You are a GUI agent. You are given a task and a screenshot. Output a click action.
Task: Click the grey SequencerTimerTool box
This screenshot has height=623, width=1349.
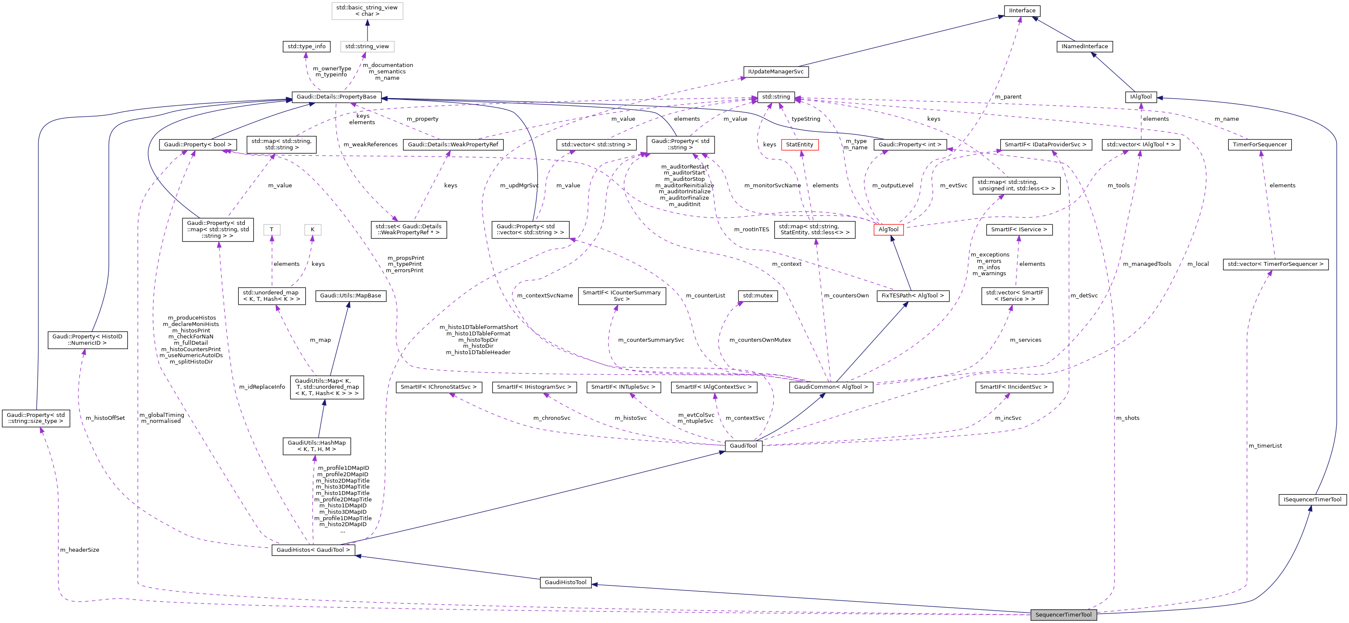pyautogui.click(x=1063, y=614)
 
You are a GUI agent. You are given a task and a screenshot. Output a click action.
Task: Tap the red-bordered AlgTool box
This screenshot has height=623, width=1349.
pyautogui.click(x=888, y=230)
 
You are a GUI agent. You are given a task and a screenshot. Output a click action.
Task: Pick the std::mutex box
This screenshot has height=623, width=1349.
pyautogui.click(x=757, y=296)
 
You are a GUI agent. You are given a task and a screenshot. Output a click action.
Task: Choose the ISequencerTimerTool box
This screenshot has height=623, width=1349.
pyautogui.click(x=1312, y=499)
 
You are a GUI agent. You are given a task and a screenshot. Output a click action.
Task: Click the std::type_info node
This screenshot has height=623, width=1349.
pyautogui.click(x=307, y=46)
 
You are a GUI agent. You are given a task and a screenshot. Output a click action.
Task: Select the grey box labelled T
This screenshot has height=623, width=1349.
pyautogui.click(x=271, y=230)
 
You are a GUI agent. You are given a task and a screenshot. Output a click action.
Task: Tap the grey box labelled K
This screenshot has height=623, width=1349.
pyautogui.click(x=312, y=230)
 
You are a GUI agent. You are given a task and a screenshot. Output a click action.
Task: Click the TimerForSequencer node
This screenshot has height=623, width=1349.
pyautogui.click(x=1259, y=145)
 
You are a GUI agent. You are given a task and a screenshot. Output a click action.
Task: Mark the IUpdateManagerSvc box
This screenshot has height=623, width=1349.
pyautogui.click(x=776, y=71)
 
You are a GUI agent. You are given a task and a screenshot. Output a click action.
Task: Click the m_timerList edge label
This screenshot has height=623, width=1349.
pyautogui.click(x=1265, y=446)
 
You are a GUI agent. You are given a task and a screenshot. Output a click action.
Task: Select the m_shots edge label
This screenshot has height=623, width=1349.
pyautogui.click(x=1127, y=418)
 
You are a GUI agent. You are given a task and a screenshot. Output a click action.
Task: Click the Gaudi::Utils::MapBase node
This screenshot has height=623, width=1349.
pyautogui.click(x=350, y=296)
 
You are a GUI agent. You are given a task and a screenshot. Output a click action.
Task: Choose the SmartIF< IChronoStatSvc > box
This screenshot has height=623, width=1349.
pyautogui.click(x=438, y=387)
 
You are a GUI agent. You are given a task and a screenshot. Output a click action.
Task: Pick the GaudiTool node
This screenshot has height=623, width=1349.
pyautogui.click(x=743, y=446)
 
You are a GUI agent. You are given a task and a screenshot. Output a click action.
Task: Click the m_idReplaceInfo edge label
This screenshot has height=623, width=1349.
pyautogui.click(x=262, y=387)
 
